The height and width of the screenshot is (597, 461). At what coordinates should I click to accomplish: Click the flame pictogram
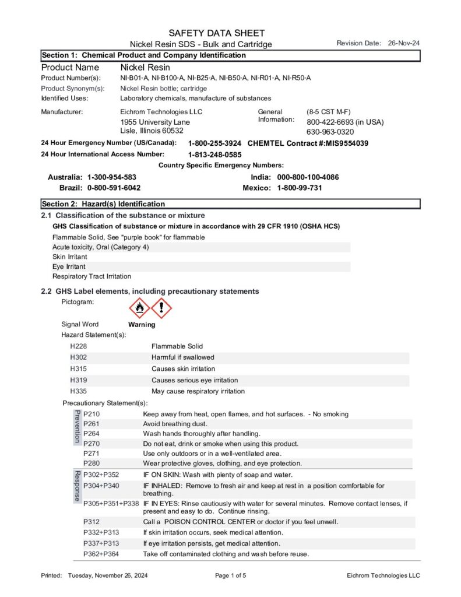coord(139,308)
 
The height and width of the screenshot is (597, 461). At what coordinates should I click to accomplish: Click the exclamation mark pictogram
coord(161,308)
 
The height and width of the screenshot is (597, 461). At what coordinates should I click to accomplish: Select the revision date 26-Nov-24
coord(404,43)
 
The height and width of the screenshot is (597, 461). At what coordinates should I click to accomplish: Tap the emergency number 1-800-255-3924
coord(214,143)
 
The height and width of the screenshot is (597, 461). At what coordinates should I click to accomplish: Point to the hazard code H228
coord(79,346)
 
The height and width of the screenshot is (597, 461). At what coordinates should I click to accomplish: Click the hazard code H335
coord(79,391)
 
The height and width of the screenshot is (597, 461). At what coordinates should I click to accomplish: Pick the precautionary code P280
coord(92,463)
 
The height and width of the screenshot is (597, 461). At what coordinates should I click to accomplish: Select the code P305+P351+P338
coord(111,503)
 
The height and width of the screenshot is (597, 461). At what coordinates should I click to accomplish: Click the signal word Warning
coord(142,325)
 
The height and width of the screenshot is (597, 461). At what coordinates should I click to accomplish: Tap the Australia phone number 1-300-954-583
coord(112,177)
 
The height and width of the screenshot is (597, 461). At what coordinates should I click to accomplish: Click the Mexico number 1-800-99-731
coord(300,188)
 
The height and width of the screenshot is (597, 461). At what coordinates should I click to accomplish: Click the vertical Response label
coord(76,486)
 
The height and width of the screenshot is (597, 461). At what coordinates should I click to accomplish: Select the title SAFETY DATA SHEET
coord(217,33)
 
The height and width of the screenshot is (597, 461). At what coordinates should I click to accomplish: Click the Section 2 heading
coord(103,204)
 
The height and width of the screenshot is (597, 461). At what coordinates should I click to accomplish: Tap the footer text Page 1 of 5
coord(231,576)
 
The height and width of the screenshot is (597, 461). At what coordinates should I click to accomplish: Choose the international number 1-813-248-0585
coord(214,154)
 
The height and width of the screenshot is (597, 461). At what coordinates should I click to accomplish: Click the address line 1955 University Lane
coord(155,122)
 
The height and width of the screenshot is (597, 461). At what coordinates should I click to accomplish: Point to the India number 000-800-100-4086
coord(308,177)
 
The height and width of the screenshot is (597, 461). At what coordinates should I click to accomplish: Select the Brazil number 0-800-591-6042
coord(114,188)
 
